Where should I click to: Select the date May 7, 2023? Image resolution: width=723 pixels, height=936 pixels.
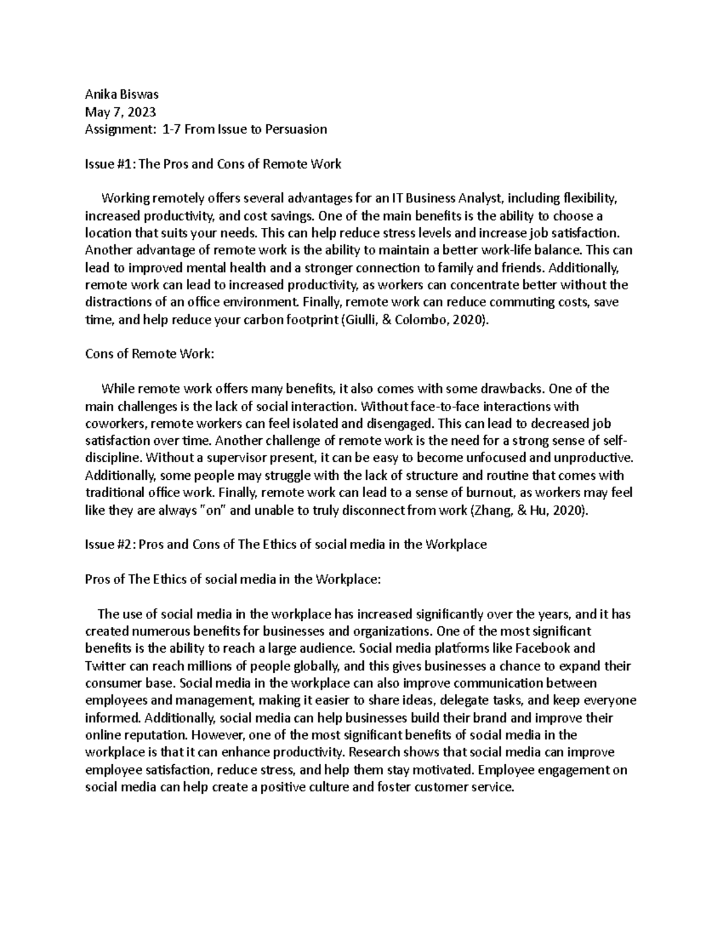[x=120, y=112]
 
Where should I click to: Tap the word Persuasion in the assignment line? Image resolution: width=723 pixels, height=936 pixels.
[x=296, y=129]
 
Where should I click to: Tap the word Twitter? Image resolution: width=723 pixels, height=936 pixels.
[x=105, y=666]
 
